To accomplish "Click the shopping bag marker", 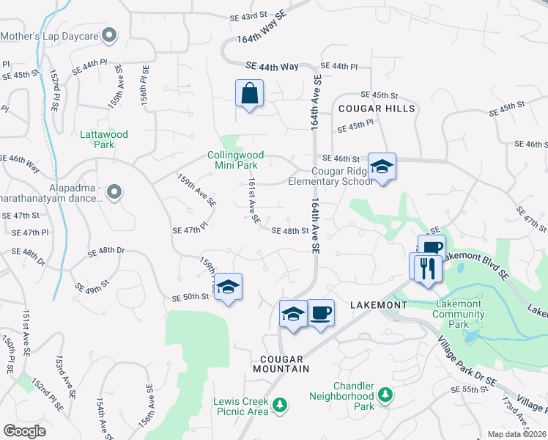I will click(x=249, y=94).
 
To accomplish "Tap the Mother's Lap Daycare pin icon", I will click(x=110, y=34).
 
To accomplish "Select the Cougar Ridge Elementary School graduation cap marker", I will click(x=382, y=167).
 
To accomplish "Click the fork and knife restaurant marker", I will click(x=425, y=268).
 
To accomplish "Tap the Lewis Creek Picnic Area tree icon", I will click(x=279, y=405).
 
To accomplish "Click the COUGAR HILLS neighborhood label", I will click(x=377, y=109).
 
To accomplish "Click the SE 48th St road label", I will click(x=290, y=230).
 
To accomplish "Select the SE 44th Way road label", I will click(x=273, y=66).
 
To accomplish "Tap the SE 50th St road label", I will click(x=190, y=297).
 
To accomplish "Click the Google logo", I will click(x=24, y=431).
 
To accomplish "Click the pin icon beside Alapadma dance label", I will click(x=114, y=192).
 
